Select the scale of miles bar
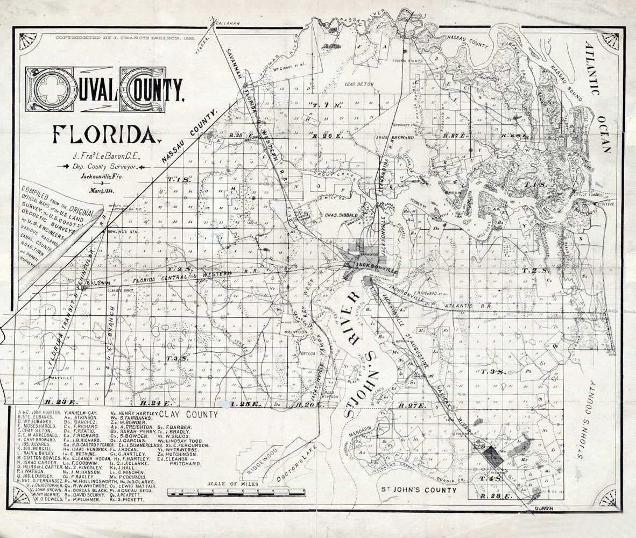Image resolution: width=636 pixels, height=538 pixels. tap(236, 492)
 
